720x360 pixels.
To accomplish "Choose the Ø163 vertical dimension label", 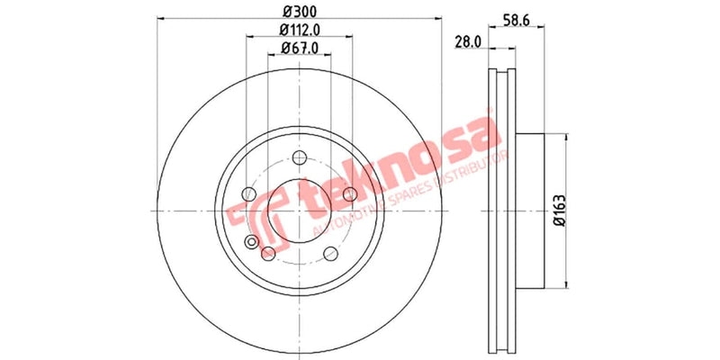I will tap(559, 209).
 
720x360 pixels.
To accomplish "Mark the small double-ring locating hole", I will tap(267, 254).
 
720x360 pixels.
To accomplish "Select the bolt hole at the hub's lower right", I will tap(330, 252).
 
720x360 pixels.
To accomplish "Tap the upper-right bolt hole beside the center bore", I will tap(350, 193).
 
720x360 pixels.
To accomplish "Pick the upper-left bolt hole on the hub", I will tap(248, 193).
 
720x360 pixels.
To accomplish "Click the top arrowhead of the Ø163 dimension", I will tap(566, 137).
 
